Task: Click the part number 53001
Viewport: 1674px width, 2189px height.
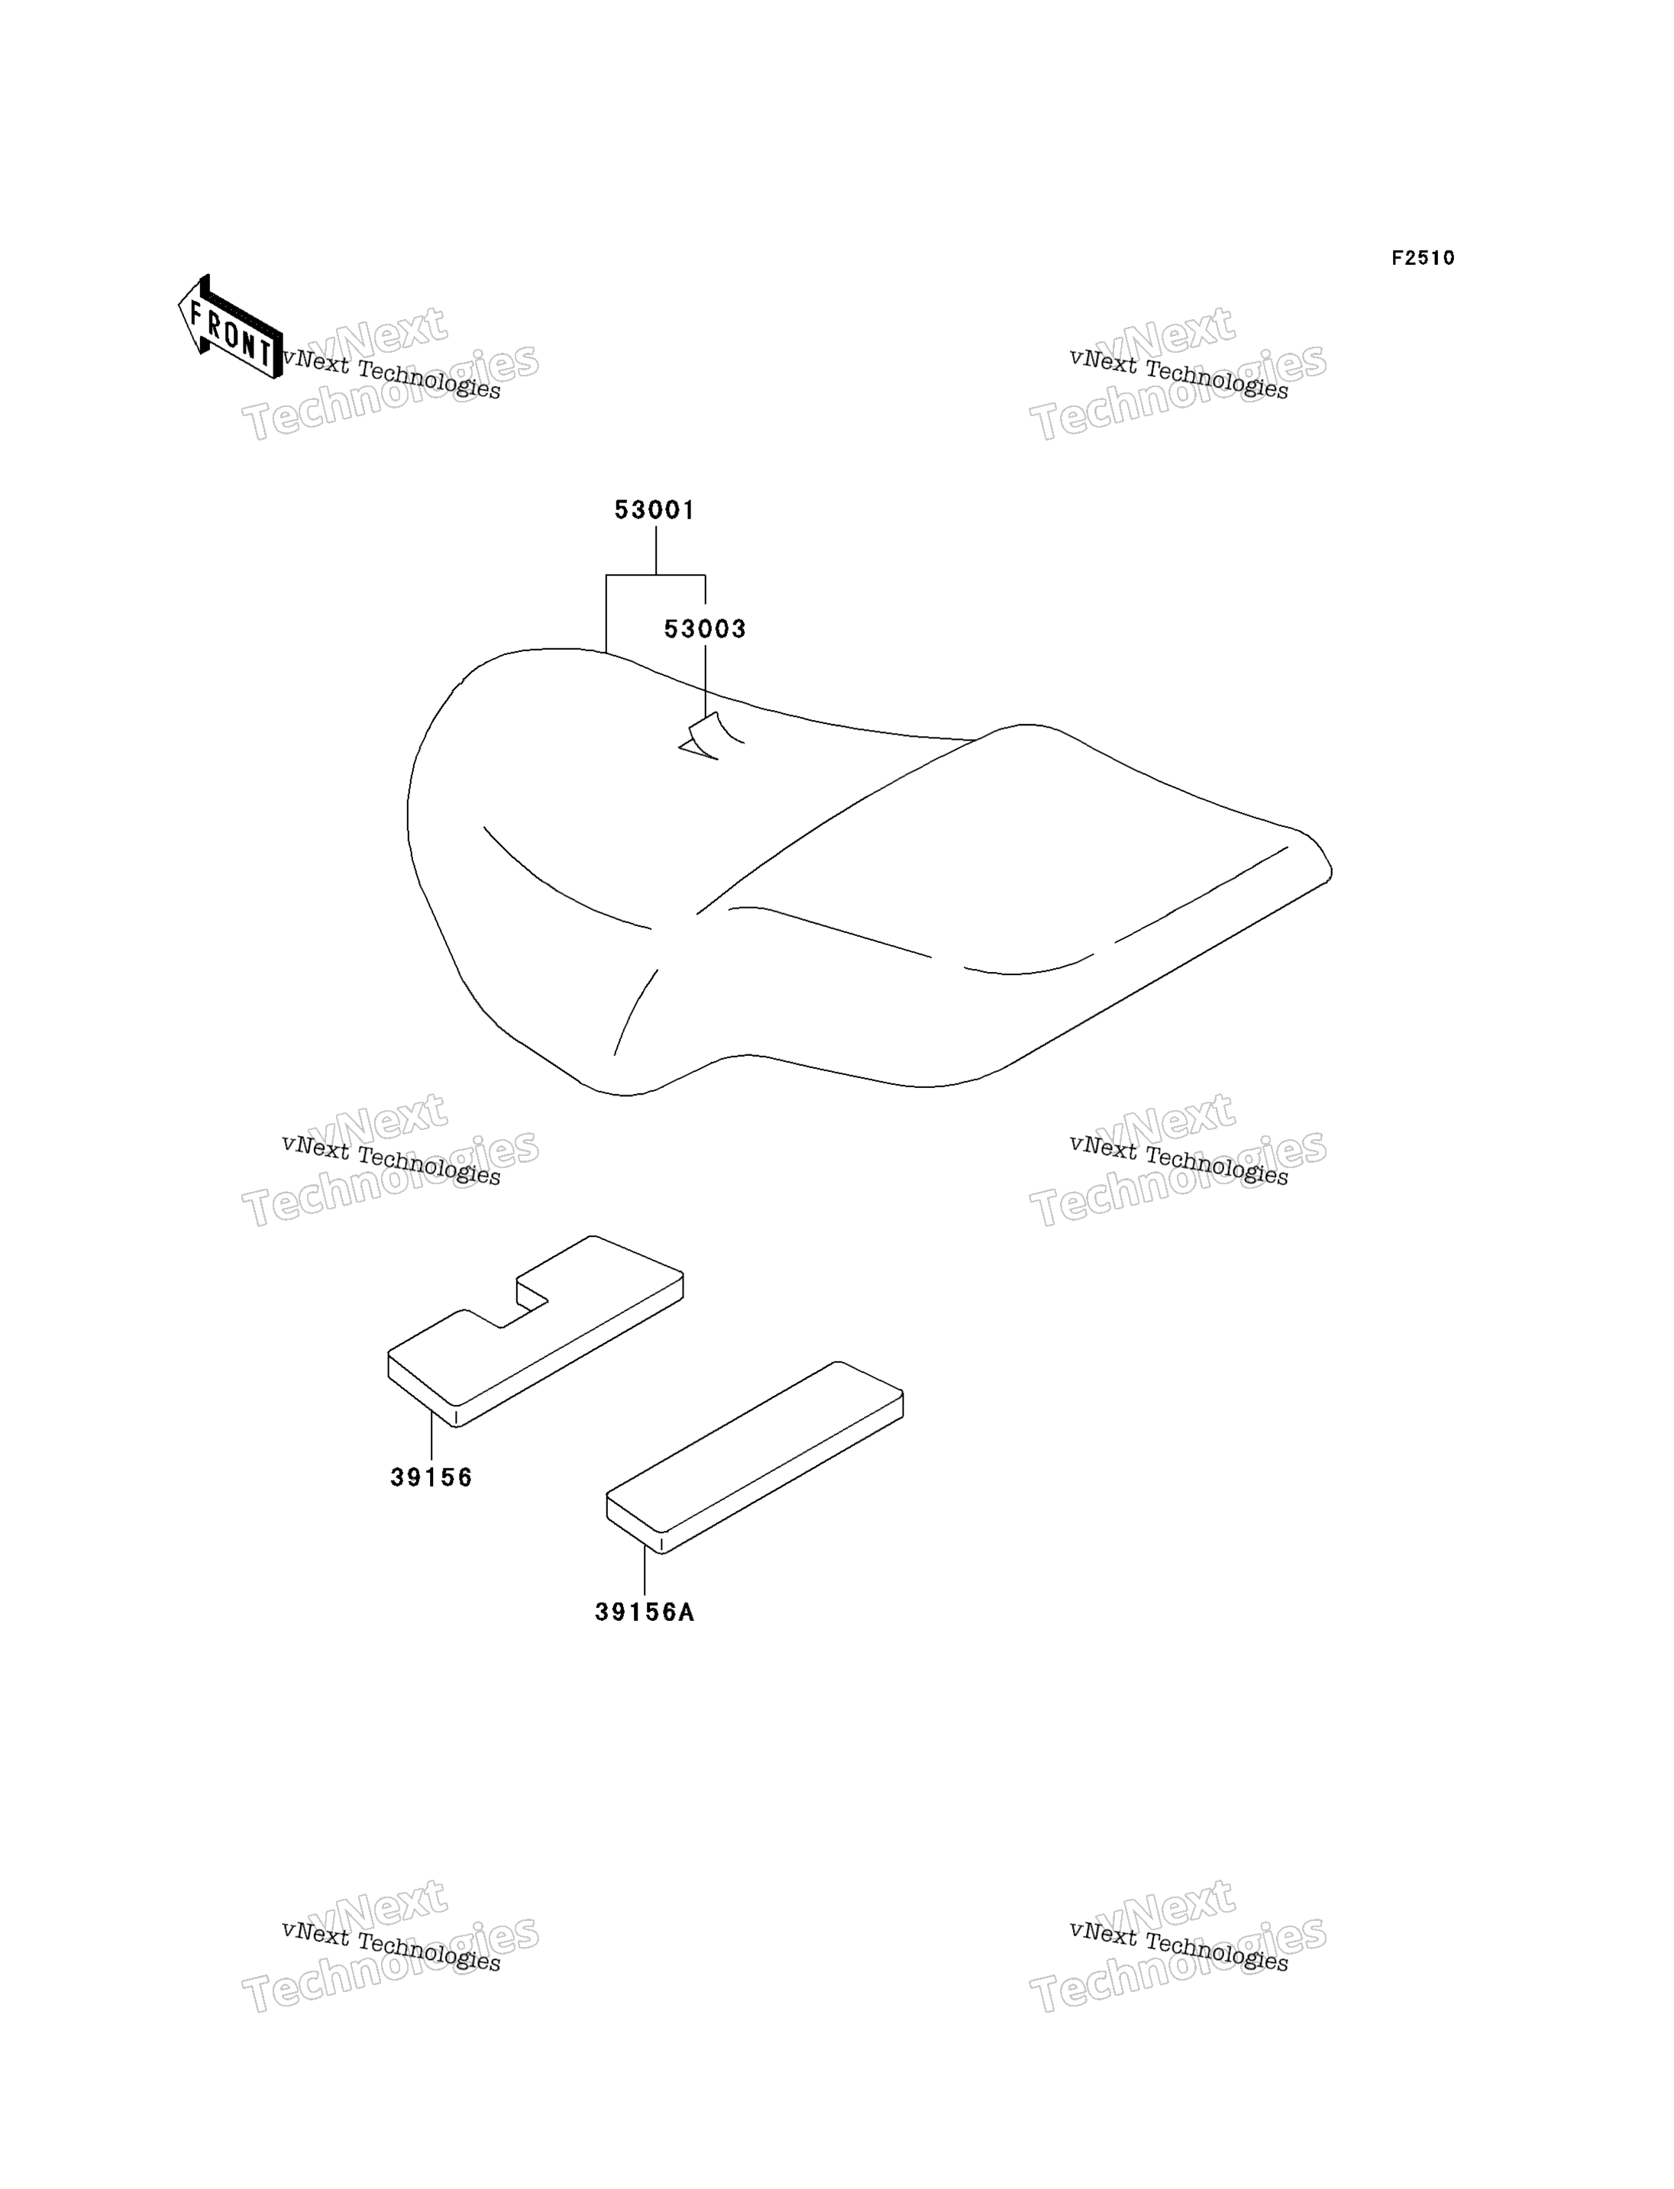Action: point(654,510)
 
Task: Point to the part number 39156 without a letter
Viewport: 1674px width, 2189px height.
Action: point(431,1477)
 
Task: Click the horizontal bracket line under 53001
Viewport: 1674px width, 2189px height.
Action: point(656,575)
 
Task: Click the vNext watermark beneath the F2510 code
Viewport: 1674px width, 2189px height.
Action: point(1178,373)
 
